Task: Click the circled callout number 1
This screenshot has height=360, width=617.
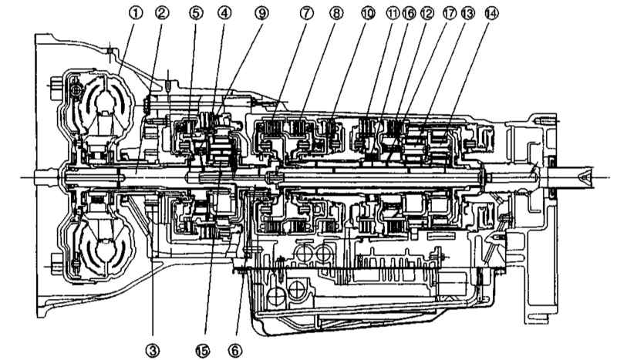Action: click(x=136, y=13)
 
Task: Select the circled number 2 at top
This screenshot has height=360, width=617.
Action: click(x=162, y=13)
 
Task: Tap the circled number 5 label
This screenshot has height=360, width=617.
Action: click(x=197, y=13)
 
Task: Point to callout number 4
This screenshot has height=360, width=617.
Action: click(x=224, y=13)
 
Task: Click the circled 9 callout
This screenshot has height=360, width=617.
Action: click(x=261, y=13)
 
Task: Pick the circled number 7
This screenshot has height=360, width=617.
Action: click(x=306, y=13)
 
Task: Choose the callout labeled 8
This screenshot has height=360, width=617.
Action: click(x=336, y=13)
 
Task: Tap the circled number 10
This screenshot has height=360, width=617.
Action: click(x=368, y=13)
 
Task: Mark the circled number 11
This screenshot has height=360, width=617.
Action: click(x=393, y=13)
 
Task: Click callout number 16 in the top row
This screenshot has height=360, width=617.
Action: click(x=409, y=13)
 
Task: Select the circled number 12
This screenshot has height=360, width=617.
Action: click(x=427, y=13)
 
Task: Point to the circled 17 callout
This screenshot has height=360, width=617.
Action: click(x=449, y=13)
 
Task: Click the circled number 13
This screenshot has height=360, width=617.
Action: click(x=467, y=13)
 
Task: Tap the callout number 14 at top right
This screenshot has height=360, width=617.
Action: click(x=491, y=13)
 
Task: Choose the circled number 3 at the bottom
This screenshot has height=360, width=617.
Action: click(x=153, y=350)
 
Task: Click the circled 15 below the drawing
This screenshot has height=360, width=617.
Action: click(x=203, y=350)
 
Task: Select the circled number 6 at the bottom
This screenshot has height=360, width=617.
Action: click(x=235, y=350)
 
